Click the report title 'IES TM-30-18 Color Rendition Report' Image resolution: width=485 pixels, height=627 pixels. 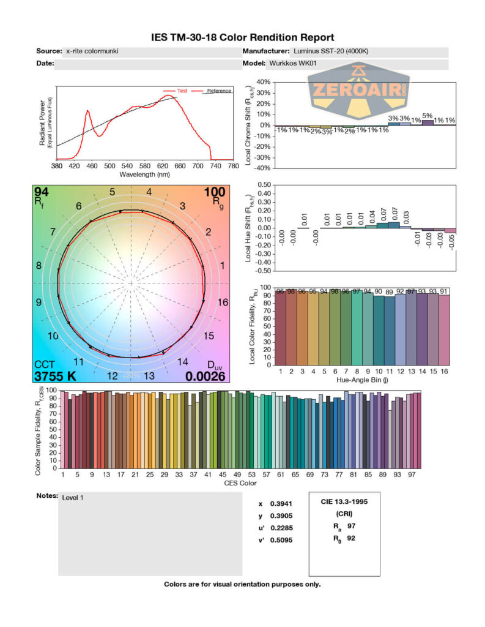coord(242,38)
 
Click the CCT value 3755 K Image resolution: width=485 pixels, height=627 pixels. coord(56,376)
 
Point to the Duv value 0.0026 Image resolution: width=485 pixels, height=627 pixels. coord(205,376)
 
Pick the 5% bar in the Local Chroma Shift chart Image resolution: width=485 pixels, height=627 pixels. coord(428,122)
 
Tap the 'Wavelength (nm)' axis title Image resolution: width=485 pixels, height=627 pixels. coord(145,175)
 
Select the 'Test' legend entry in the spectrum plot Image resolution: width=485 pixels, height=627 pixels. coord(182,91)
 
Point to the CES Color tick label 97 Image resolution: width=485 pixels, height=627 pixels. coord(413,475)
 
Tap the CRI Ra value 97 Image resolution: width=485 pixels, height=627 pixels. coord(350,526)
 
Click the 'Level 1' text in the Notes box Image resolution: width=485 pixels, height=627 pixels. coord(73,497)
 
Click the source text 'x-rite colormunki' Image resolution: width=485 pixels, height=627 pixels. coord(92,51)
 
